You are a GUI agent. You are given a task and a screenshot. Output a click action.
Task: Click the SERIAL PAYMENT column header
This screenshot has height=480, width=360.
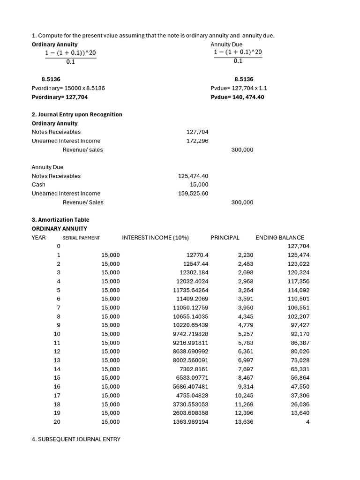81,238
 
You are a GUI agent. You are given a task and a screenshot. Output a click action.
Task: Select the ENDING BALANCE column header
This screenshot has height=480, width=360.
280,238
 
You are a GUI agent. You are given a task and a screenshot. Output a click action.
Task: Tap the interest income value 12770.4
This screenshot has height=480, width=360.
197,255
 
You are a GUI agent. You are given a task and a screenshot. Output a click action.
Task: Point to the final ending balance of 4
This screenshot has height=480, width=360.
307,422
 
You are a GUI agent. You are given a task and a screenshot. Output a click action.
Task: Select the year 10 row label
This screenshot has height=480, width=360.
57,334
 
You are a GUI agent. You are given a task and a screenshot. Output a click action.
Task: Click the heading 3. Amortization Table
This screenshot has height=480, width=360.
60,220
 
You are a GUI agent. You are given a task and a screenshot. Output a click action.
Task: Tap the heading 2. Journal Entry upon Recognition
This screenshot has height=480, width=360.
77,114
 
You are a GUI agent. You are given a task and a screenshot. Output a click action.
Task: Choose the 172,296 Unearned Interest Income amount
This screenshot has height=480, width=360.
197,141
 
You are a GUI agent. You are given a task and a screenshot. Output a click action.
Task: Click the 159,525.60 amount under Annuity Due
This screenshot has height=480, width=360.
193,193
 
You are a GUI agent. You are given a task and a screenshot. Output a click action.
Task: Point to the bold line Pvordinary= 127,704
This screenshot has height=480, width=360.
60,97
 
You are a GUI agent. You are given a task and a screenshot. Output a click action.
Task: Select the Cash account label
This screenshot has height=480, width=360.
38,185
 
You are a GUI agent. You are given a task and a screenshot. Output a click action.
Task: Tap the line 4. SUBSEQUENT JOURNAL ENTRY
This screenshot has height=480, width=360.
76,439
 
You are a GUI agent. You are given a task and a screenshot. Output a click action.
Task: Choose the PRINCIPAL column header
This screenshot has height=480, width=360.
225,238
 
